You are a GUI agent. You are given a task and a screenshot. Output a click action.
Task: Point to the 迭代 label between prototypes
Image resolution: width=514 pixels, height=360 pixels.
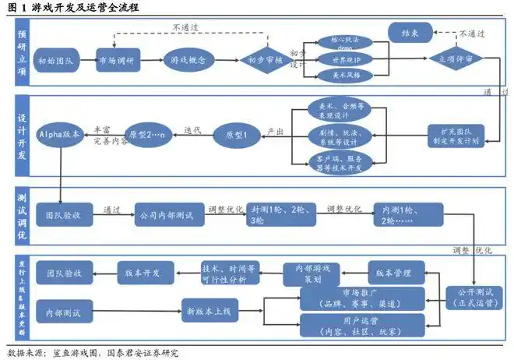pos(192,129)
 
